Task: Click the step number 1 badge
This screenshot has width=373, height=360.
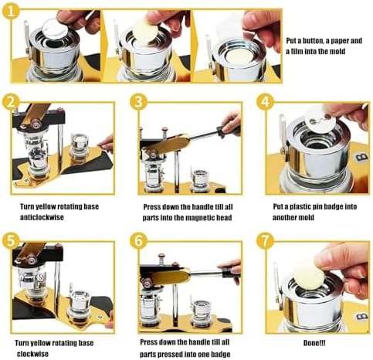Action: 11,12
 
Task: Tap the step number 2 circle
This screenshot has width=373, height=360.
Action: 11,102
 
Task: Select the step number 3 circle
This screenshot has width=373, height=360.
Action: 138,102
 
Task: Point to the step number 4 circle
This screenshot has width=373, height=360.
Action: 265,102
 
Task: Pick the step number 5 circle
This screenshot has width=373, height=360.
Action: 11,240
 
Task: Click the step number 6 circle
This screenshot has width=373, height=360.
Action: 138,241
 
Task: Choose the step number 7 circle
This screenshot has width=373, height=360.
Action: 265,241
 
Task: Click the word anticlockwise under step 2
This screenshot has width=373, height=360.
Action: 42,217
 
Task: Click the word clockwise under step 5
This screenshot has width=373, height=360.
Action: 32,354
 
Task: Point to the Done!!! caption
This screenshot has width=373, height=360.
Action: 314,343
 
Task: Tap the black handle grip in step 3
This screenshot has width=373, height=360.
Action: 228,131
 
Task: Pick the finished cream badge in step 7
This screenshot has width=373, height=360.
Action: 309,276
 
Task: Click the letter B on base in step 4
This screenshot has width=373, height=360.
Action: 361,157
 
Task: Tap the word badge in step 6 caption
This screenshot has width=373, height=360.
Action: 221,354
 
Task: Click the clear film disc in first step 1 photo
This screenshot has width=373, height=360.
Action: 55,29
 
